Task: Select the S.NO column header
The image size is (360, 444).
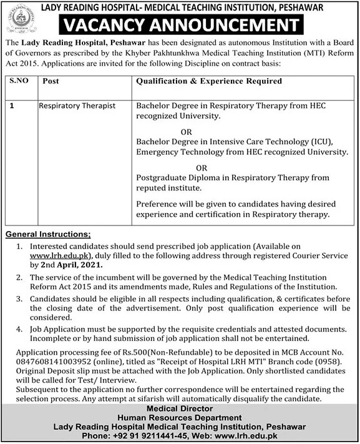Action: [20, 82]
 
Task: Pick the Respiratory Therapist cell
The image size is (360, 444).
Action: [77, 106]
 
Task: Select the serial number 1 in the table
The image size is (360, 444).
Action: [13, 106]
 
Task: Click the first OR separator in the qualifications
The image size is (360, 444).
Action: [186, 132]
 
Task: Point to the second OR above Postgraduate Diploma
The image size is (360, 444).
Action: [202, 168]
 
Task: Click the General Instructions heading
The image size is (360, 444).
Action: [48, 234]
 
